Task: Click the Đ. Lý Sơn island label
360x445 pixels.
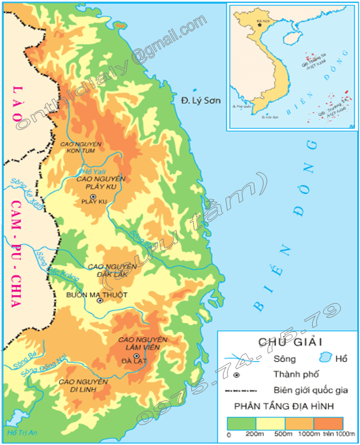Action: (201, 100)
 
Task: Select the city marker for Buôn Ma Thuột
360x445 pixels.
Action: (100, 301)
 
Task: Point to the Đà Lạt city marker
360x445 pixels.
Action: (136, 356)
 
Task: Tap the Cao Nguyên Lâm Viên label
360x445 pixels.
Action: (142, 343)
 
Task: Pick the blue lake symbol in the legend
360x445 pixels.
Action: (327, 358)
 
